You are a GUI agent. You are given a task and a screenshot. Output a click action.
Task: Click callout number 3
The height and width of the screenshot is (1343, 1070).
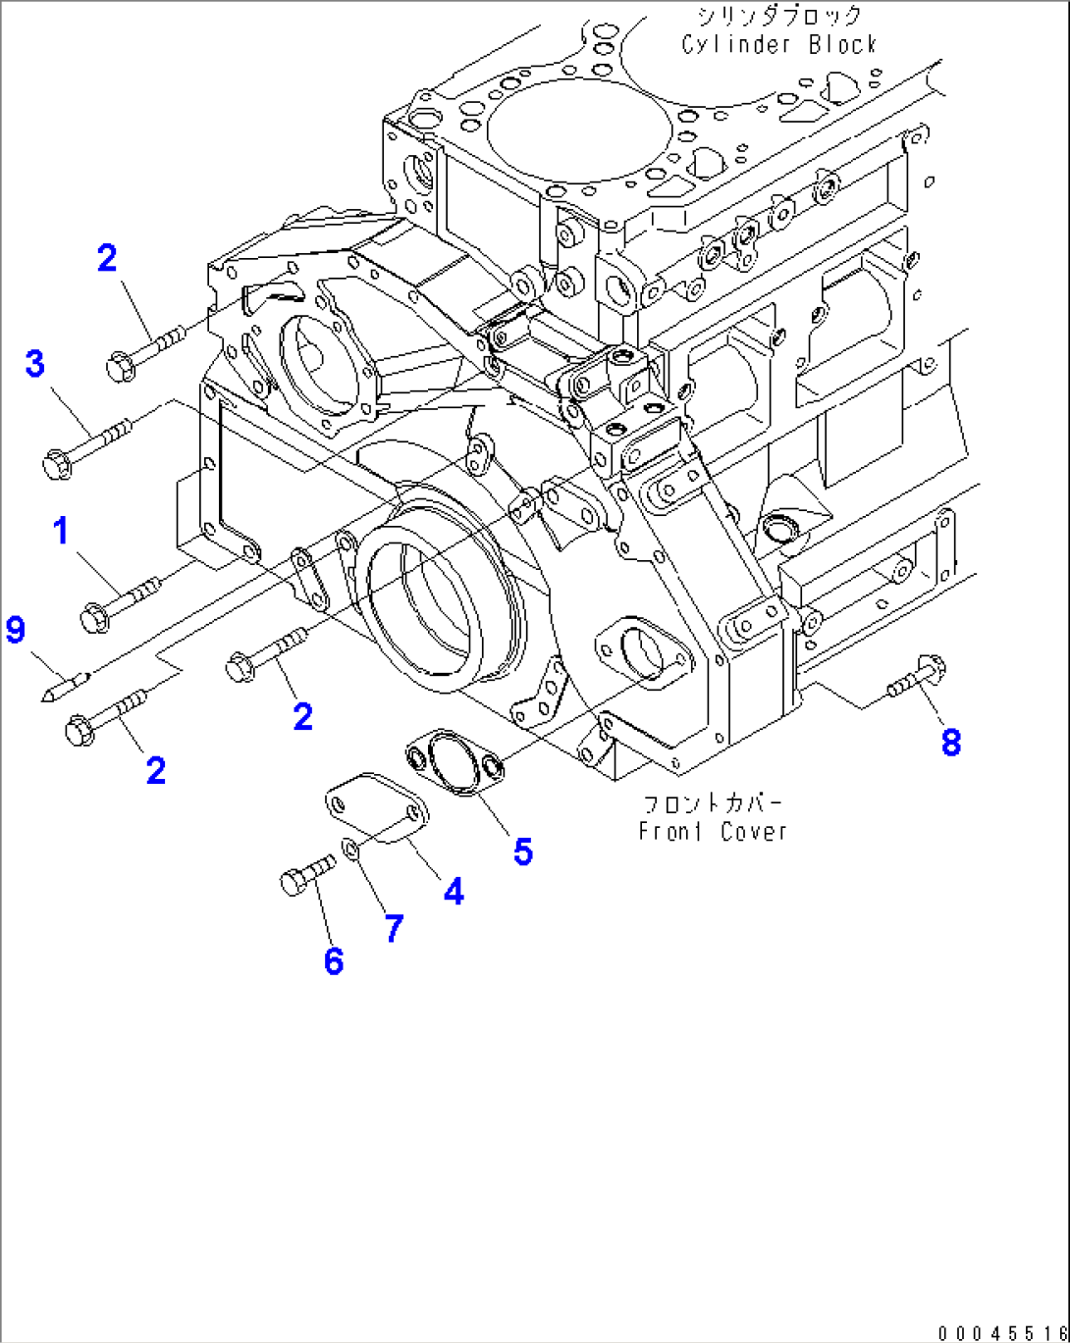[35, 364]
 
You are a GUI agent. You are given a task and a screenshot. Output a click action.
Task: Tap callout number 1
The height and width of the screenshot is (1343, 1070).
[61, 531]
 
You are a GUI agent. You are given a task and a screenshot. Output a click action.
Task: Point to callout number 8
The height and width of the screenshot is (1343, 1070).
[950, 742]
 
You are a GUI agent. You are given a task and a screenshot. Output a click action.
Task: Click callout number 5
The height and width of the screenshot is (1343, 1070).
[523, 851]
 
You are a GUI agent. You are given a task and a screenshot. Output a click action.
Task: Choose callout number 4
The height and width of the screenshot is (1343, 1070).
[454, 891]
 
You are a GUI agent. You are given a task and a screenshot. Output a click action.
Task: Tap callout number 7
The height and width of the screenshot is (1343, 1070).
[394, 927]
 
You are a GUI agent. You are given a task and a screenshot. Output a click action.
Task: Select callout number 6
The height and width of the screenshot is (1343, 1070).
[334, 960]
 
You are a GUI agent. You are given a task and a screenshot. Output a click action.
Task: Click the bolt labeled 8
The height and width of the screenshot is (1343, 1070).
[919, 679]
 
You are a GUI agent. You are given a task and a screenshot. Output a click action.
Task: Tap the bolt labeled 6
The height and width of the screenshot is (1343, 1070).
[305, 874]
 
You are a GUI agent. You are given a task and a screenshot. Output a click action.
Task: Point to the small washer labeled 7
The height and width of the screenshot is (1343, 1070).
[349, 847]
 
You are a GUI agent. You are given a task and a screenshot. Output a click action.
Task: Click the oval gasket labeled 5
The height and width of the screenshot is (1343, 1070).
[455, 760]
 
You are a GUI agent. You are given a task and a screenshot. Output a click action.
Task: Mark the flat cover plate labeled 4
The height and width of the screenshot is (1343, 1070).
[376, 808]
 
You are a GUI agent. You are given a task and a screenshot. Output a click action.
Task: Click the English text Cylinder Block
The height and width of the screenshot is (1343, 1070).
[779, 44]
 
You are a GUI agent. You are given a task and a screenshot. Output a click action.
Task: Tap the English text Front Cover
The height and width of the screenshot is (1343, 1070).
[713, 831]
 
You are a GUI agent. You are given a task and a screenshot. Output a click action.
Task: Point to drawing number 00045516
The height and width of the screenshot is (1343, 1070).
[1001, 1332]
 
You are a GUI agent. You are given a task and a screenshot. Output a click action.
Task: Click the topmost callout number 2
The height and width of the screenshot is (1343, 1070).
[107, 258]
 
